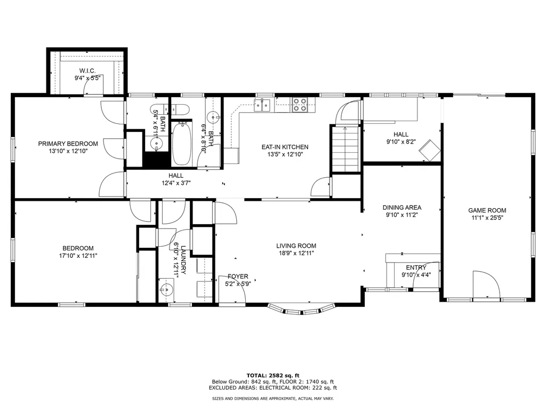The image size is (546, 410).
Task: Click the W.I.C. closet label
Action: click(x=87, y=71)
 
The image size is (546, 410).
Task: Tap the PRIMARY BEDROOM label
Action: click(x=68, y=144)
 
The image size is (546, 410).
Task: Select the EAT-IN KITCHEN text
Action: click(x=285, y=147)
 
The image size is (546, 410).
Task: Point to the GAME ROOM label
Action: click(x=487, y=210)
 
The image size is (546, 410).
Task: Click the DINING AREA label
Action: click(x=402, y=208)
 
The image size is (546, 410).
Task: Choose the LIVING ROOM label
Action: click(x=296, y=246)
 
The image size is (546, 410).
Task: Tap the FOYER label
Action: click(x=238, y=277)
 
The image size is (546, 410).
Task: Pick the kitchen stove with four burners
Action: click(x=299, y=105)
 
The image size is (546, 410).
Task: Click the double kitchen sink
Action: click(x=262, y=105)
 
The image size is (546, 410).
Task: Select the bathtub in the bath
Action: click(x=181, y=144)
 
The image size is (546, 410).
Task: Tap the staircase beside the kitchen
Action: click(x=345, y=149)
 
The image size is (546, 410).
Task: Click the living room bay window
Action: click(x=301, y=310)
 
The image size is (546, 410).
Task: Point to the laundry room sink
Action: click(x=166, y=289)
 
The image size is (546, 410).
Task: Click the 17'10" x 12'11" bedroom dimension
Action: click(x=78, y=256)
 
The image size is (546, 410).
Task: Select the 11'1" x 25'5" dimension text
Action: click(x=487, y=218)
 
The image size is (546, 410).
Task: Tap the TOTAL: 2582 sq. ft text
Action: click(x=273, y=375)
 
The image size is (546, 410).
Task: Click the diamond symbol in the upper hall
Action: click(x=429, y=150)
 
